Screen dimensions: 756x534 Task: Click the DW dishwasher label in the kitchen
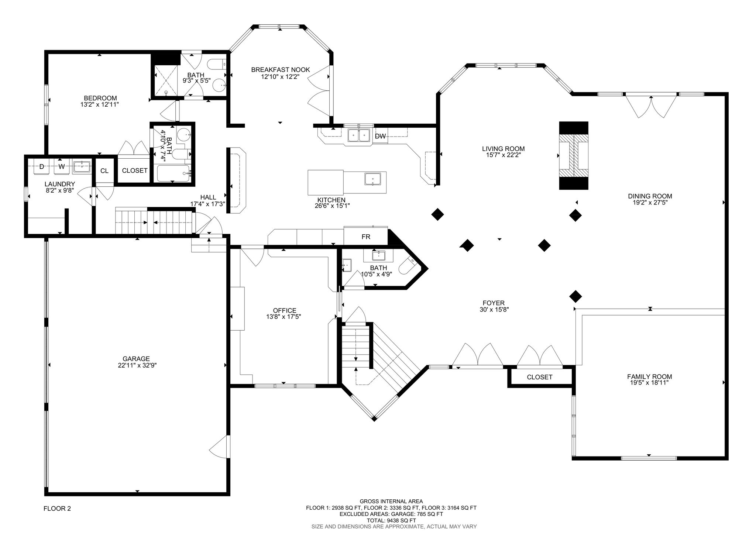380,136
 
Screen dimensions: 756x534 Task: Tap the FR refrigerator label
366,237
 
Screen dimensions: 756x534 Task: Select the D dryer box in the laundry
42,167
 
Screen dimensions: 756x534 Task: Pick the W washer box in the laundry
62,167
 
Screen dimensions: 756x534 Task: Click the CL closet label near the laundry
104,170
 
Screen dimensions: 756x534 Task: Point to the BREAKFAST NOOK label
281,70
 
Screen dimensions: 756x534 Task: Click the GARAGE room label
137,359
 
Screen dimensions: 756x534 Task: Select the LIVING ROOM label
503,149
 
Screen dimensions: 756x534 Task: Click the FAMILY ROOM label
650,377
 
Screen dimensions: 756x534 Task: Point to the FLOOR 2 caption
57,509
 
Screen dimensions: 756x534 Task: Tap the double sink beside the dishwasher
359,135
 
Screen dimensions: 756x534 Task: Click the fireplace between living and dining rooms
574,155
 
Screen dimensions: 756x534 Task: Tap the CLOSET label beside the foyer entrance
540,377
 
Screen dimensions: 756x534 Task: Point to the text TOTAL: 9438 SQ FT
391,520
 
